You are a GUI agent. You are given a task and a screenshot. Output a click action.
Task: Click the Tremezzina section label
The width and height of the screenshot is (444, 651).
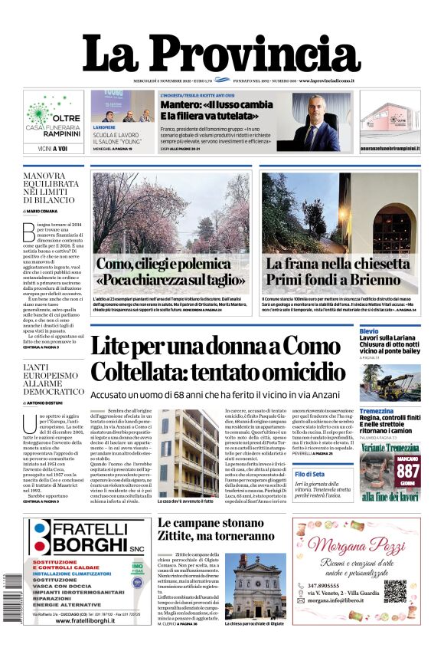pos(377,411)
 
